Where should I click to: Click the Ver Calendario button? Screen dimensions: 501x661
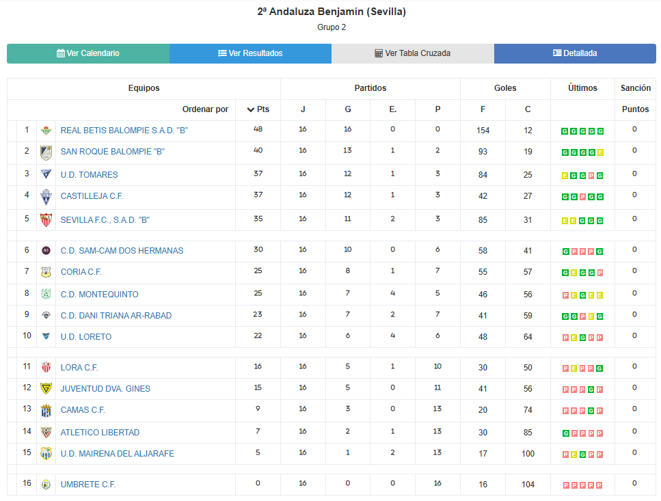click(x=88, y=53)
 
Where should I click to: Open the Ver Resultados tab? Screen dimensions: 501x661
click(x=250, y=53)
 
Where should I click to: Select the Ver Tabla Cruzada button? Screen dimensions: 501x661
click(x=413, y=53)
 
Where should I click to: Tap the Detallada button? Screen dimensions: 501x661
click(x=575, y=53)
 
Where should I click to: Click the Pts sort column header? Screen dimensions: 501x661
click(x=258, y=109)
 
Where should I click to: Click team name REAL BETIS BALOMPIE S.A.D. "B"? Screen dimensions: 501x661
click(x=124, y=130)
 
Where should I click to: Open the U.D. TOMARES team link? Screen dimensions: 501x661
click(x=89, y=174)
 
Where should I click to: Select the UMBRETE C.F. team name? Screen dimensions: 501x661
click(x=88, y=484)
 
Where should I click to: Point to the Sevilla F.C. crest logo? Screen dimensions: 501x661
click(x=46, y=219)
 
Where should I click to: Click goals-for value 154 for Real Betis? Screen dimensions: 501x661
click(x=483, y=130)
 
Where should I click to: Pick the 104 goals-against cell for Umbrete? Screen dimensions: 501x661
click(x=528, y=484)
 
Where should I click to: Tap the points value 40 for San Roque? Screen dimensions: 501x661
click(x=258, y=150)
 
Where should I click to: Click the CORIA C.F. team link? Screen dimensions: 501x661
click(x=81, y=271)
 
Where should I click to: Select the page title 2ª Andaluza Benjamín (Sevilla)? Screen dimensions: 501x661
click(x=332, y=12)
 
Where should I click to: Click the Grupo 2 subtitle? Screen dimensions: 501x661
click(x=332, y=27)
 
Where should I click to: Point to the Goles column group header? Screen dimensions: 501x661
click(x=505, y=88)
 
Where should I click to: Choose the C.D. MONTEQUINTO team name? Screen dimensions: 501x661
click(x=99, y=294)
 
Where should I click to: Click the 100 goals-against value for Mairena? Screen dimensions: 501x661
click(x=528, y=453)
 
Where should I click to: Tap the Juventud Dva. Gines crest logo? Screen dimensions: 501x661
click(x=46, y=388)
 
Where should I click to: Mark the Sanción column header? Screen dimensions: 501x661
click(x=635, y=88)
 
